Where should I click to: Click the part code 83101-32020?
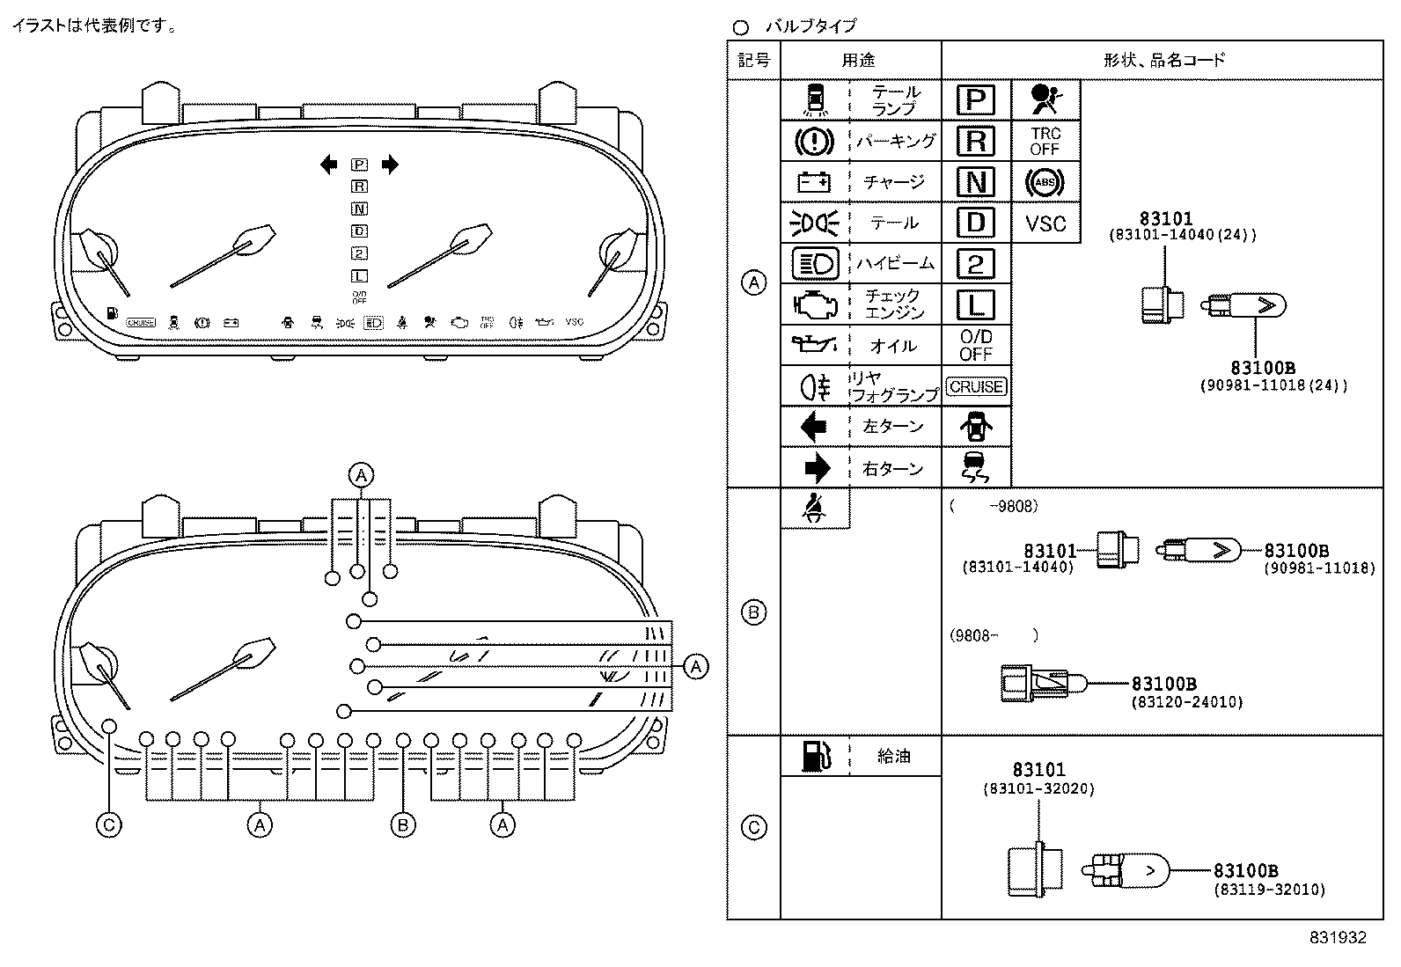[1038, 789]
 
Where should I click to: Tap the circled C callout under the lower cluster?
[109, 824]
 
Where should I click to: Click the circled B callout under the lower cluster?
[403, 824]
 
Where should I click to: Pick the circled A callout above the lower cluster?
[361, 475]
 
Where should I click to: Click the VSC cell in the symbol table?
[1045, 223]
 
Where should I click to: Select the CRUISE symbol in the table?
[976, 386]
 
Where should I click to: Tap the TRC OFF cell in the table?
[1045, 142]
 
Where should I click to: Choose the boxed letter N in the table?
[976, 182]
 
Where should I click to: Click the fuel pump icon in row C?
[815, 755]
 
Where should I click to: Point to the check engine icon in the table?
[815, 304]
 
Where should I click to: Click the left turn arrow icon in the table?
[815, 427]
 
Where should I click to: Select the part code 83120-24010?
[1186, 702]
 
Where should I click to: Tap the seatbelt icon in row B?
[815, 509]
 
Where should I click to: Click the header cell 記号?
[754, 60]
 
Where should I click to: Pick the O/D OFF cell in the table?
[976, 345]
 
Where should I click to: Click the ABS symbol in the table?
[1045, 182]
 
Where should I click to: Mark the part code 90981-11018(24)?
[1273, 385]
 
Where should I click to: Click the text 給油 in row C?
[894, 755]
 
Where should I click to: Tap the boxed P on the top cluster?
[359, 165]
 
